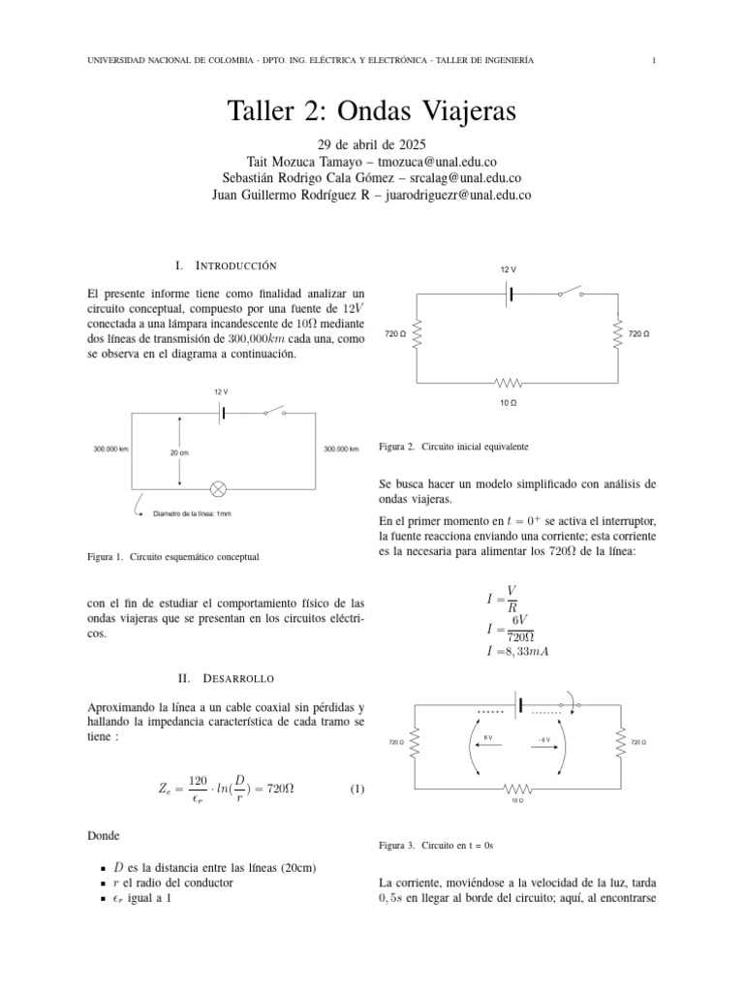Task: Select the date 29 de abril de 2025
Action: pos(372,144)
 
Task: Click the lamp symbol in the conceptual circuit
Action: pos(220,487)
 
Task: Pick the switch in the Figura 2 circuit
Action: pos(570,292)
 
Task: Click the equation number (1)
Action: pos(356,790)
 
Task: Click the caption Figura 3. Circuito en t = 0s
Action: pos(437,845)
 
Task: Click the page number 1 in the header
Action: pos(656,61)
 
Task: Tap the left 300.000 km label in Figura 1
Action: pos(111,449)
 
